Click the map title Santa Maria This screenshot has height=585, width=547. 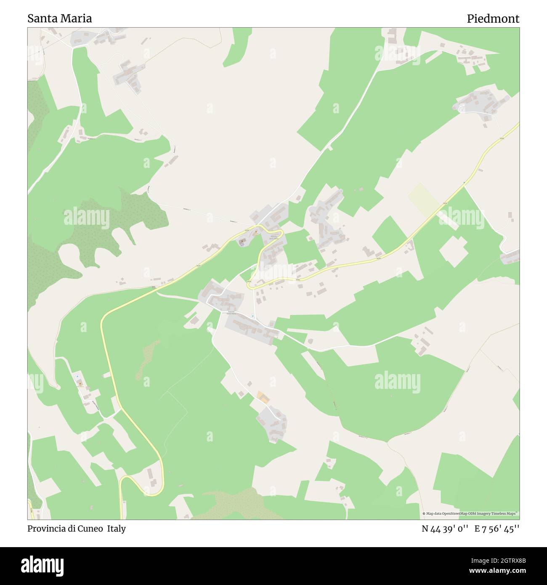pyautogui.click(x=60, y=19)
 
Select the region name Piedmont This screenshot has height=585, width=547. pyautogui.click(x=493, y=19)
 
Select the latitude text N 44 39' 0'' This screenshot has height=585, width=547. pyautogui.click(x=445, y=529)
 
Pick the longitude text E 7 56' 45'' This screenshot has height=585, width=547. pyautogui.click(x=497, y=529)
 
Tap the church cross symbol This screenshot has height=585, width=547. pyautogui.click(x=242, y=241)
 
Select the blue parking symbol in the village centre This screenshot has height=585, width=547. pyautogui.click(x=252, y=316)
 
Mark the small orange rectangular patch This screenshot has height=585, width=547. pyautogui.click(x=262, y=396)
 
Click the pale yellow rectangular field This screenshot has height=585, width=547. pyautogui.click(x=424, y=197)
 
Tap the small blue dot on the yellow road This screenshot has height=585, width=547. pyautogui.click(x=464, y=183)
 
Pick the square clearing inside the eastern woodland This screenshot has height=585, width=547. pyautogui.click(x=453, y=251)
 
